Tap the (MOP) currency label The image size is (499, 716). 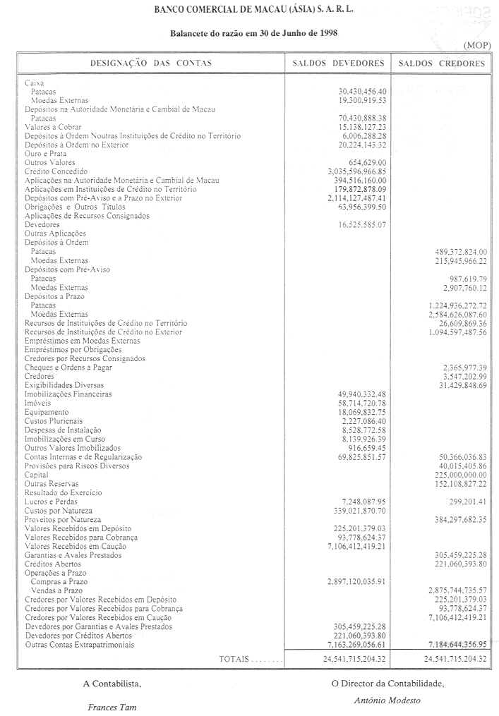[476, 46]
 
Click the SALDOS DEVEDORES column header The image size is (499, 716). [338, 63]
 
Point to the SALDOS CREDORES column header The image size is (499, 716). [442, 63]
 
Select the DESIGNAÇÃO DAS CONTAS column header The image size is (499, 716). [150, 63]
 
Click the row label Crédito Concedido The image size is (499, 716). [56, 171]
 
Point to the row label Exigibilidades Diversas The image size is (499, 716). [64, 385]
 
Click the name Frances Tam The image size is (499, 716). [112, 706]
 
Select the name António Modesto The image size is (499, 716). [387, 700]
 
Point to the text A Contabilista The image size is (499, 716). [112, 683]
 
